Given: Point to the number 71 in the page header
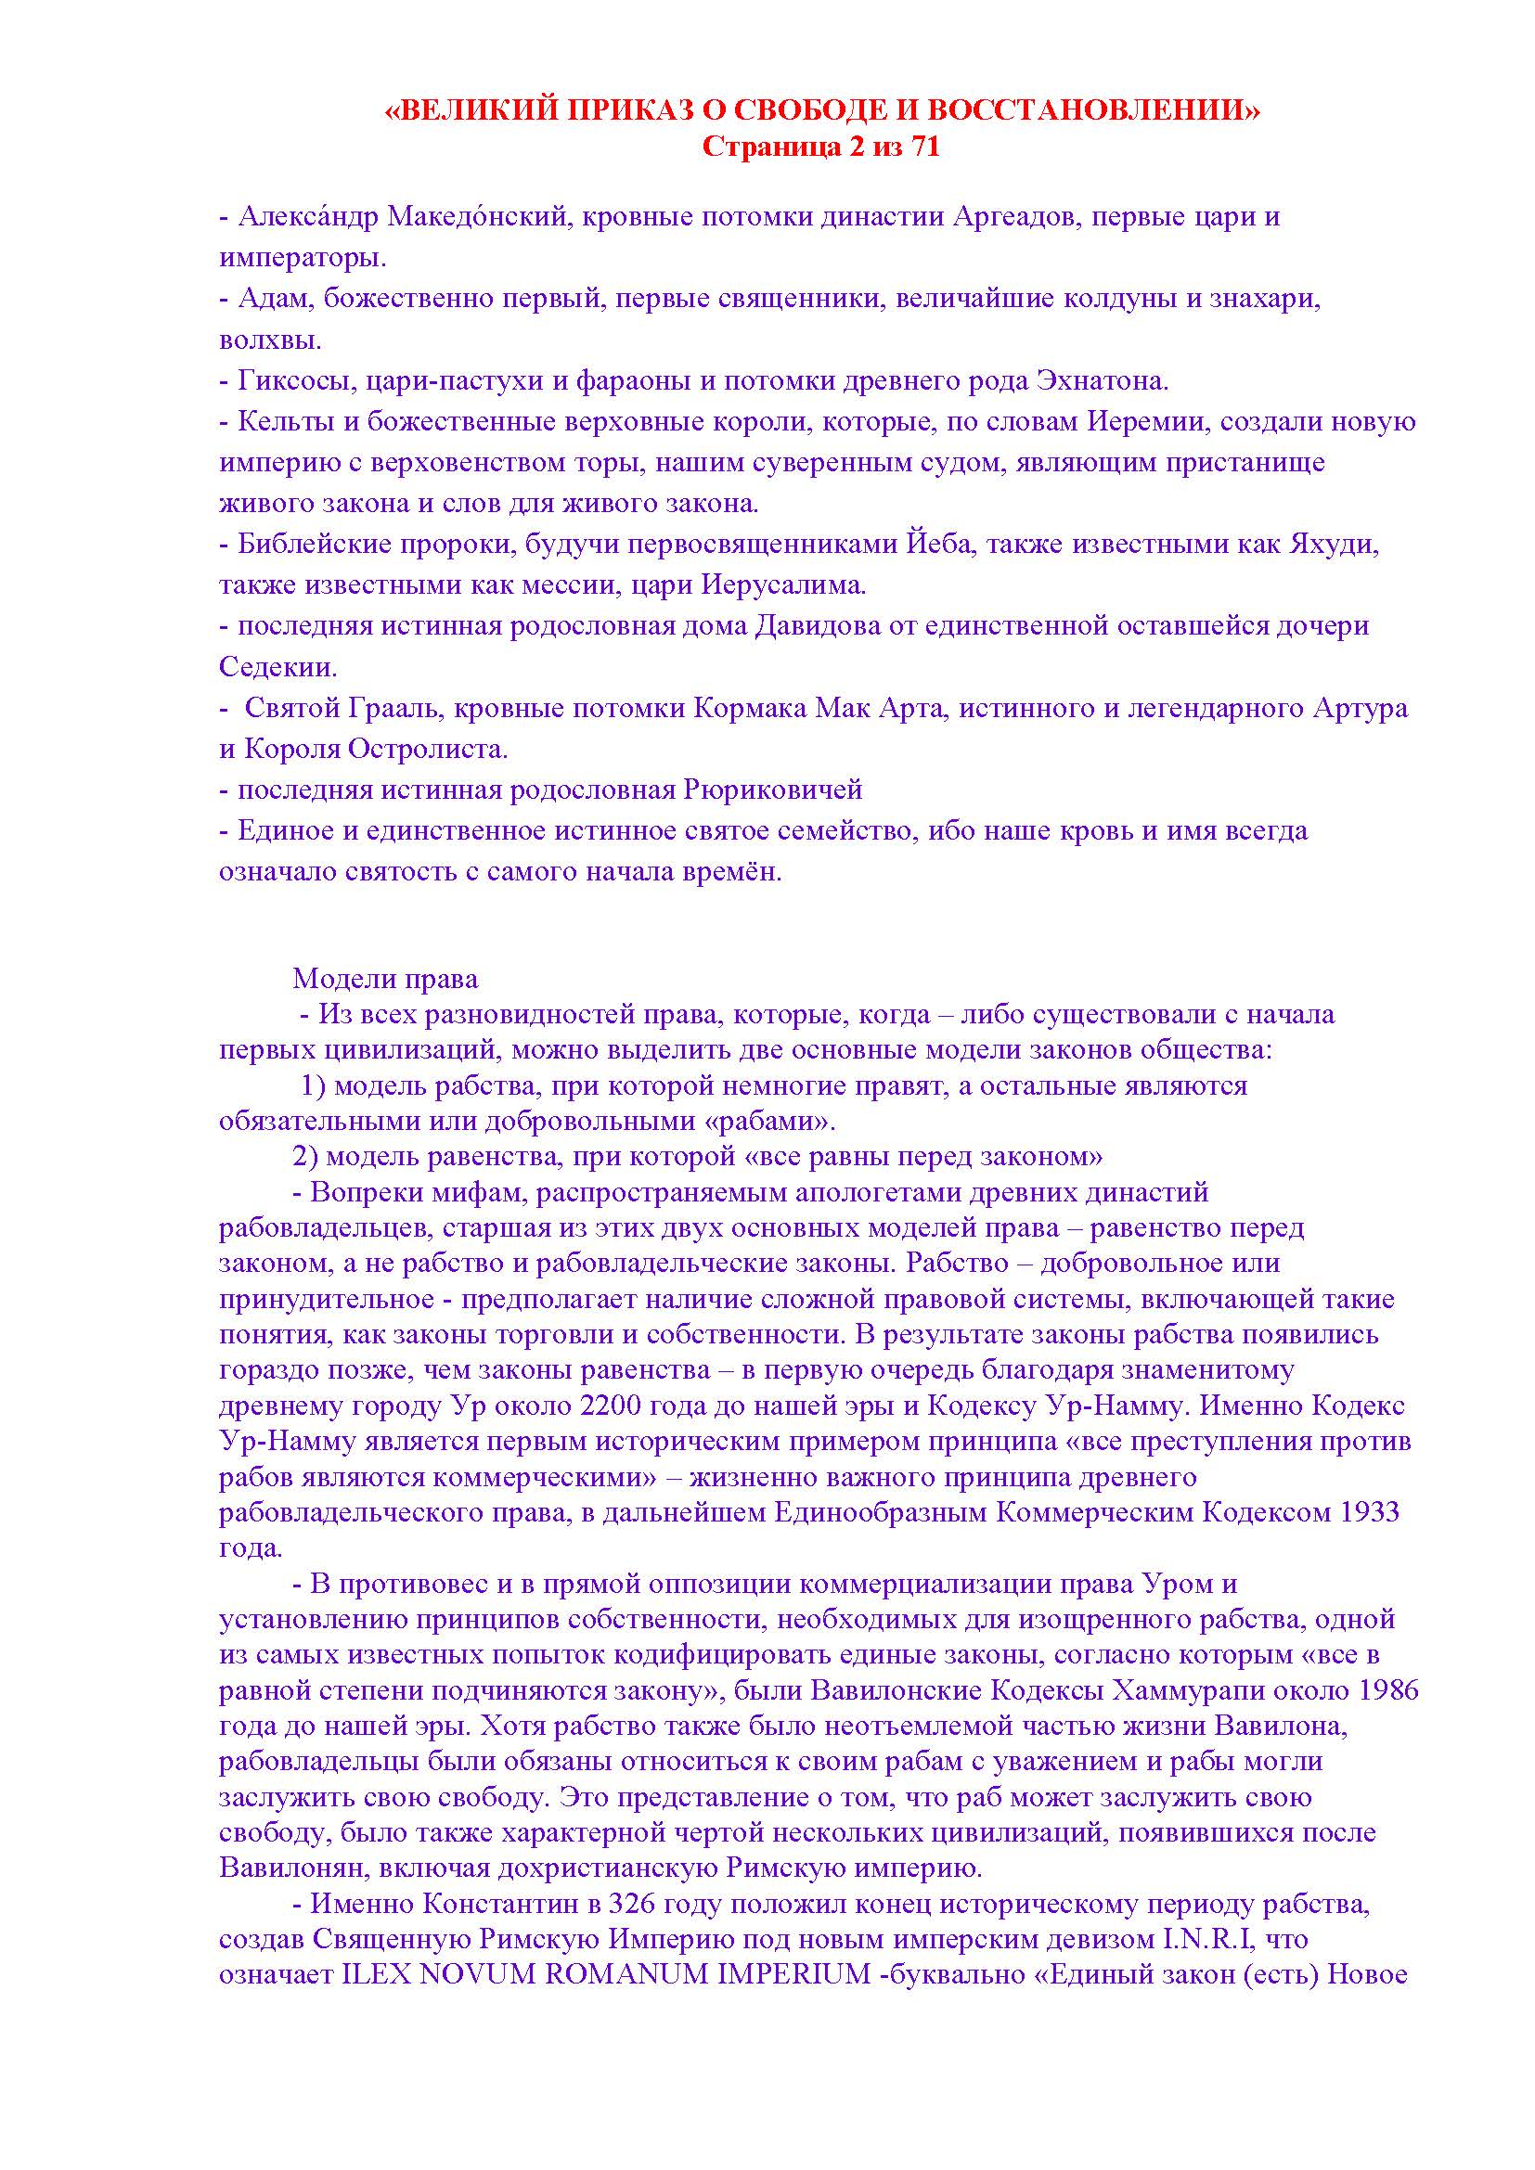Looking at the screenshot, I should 922,148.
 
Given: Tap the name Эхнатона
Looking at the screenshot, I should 1103,381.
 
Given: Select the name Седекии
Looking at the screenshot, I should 277,667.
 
